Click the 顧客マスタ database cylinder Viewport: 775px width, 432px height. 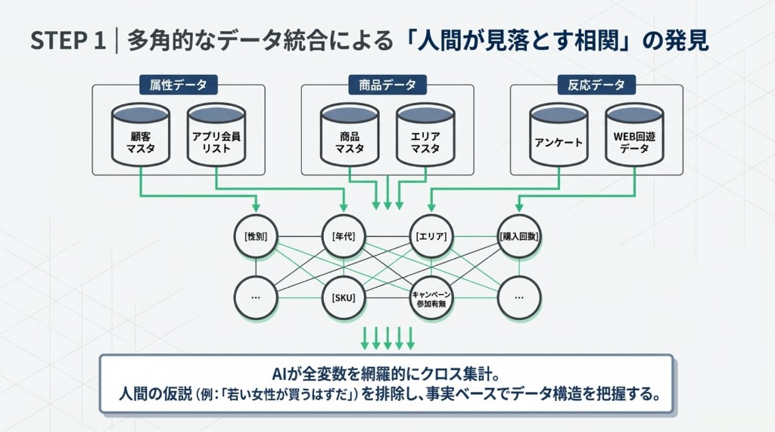(x=140, y=135)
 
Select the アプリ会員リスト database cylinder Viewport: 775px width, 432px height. (x=216, y=135)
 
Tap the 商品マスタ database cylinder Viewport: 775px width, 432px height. (x=349, y=135)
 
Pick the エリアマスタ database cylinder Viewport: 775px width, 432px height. (x=425, y=135)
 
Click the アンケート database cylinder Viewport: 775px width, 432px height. (x=559, y=135)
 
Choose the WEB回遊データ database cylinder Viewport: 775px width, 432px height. (x=634, y=135)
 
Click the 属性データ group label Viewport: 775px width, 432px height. (x=178, y=85)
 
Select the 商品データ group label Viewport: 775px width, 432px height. (x=387, y=85)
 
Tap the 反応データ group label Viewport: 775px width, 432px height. (x=596, y=85)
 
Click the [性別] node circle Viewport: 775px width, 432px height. (x=256, y=237)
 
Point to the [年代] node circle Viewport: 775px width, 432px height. (x=344, y=237)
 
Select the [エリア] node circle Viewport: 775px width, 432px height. (x=431, y=237)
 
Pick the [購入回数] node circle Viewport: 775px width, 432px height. (x=519, y=237)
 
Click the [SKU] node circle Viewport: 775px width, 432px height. (x=344, y=297)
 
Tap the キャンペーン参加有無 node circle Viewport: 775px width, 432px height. (x=431, y=297)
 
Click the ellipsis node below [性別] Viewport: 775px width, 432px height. (x=256, y=297)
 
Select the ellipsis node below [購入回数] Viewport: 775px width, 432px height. (x=519, y=297)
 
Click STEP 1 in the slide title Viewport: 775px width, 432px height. (x=67, y=41)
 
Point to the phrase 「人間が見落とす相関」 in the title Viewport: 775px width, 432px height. (x=514, y=41)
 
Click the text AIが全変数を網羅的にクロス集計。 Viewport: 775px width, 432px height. (x=386, y=375)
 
